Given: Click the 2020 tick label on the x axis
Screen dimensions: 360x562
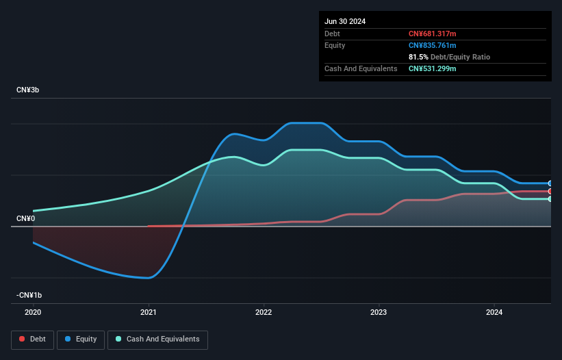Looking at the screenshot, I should tap(33, 312).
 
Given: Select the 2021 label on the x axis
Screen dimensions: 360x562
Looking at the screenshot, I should tap(149, 312).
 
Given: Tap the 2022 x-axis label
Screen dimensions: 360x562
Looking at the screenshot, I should tap(264, 312).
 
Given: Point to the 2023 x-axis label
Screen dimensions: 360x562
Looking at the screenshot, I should tap(379, 312).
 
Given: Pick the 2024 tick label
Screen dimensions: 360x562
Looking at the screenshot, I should tap(494, 312).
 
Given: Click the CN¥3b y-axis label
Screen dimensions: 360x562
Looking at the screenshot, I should tap(27, 90).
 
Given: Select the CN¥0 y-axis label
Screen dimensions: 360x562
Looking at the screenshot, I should tap(25, 218).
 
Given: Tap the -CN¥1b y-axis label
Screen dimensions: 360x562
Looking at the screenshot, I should tap(29, 295).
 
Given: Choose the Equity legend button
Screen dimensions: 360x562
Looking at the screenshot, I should tap(81, 339).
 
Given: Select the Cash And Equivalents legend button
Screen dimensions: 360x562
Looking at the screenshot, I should tap(157, 339).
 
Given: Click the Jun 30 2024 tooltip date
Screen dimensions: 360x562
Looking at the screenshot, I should tap(345, 21).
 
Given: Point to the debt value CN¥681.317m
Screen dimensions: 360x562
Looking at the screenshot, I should tap(432, 34).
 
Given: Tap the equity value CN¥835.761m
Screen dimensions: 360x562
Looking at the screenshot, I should tap(432, 45).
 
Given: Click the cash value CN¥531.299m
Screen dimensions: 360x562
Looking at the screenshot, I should tap(432, 68).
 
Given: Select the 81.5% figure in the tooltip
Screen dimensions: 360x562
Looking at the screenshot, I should tap(418, 57).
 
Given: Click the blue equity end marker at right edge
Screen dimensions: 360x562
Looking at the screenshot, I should tap(550, 183).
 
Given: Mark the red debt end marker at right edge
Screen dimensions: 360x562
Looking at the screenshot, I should tap(550, 192).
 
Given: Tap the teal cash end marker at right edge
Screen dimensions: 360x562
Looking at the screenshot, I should tap(550, 199).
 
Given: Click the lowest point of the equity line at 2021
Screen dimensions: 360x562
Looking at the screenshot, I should tap(149, 278).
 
